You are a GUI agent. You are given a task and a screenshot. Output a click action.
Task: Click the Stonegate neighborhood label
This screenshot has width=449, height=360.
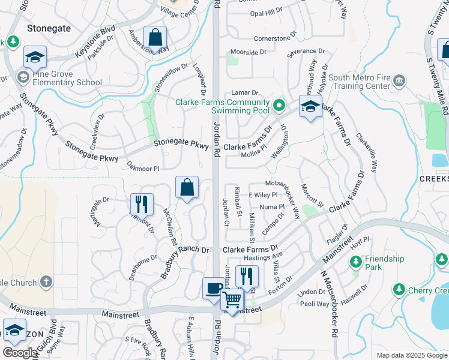click(x=49, y=28)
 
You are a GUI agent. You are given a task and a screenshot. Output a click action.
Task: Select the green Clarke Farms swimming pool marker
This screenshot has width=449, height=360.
click(x=279, y=107)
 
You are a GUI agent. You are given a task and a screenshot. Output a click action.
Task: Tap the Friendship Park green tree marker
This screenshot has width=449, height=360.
click(x=356, y=262)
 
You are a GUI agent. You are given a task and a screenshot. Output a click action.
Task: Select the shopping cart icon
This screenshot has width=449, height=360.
click(x=232, y=299)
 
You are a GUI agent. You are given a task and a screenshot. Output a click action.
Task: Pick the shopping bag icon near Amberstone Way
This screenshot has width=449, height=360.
click(x=155, y=37)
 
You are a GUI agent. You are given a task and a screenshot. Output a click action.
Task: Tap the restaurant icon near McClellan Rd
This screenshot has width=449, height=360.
click(x=142, y=203)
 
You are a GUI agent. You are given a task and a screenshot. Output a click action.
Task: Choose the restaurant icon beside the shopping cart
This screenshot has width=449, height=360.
click(x=247, y=276)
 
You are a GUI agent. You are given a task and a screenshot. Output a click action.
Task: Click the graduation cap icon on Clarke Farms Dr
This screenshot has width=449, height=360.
click(x=310, y=107)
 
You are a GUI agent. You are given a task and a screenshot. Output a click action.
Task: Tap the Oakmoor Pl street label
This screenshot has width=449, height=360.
click(x=143, y=169)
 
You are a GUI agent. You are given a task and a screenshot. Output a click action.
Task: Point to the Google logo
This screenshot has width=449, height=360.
click(x=20, y=353)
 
